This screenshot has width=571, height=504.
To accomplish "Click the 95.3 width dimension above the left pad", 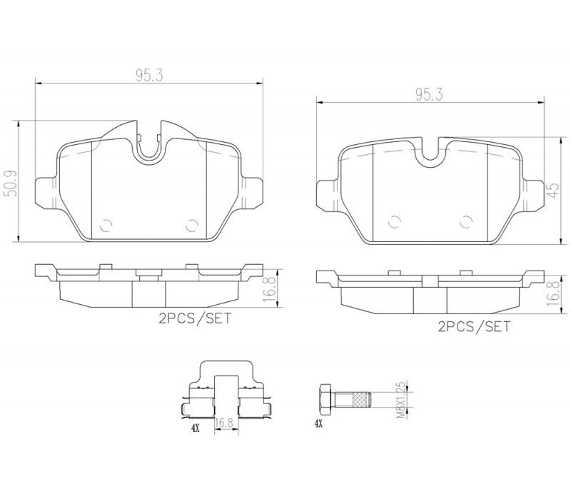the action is click(150, 76).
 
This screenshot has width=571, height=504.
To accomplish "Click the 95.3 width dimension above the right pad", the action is click(430, 95).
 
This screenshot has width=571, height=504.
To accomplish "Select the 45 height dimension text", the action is click(552, 190).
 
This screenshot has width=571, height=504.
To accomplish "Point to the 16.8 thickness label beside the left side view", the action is click(269, 289).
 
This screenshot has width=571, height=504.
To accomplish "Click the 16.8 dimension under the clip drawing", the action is click(223, 423).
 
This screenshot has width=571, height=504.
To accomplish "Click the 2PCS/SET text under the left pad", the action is click(194, 318).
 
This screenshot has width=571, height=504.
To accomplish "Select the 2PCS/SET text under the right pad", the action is click(474, 326).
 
